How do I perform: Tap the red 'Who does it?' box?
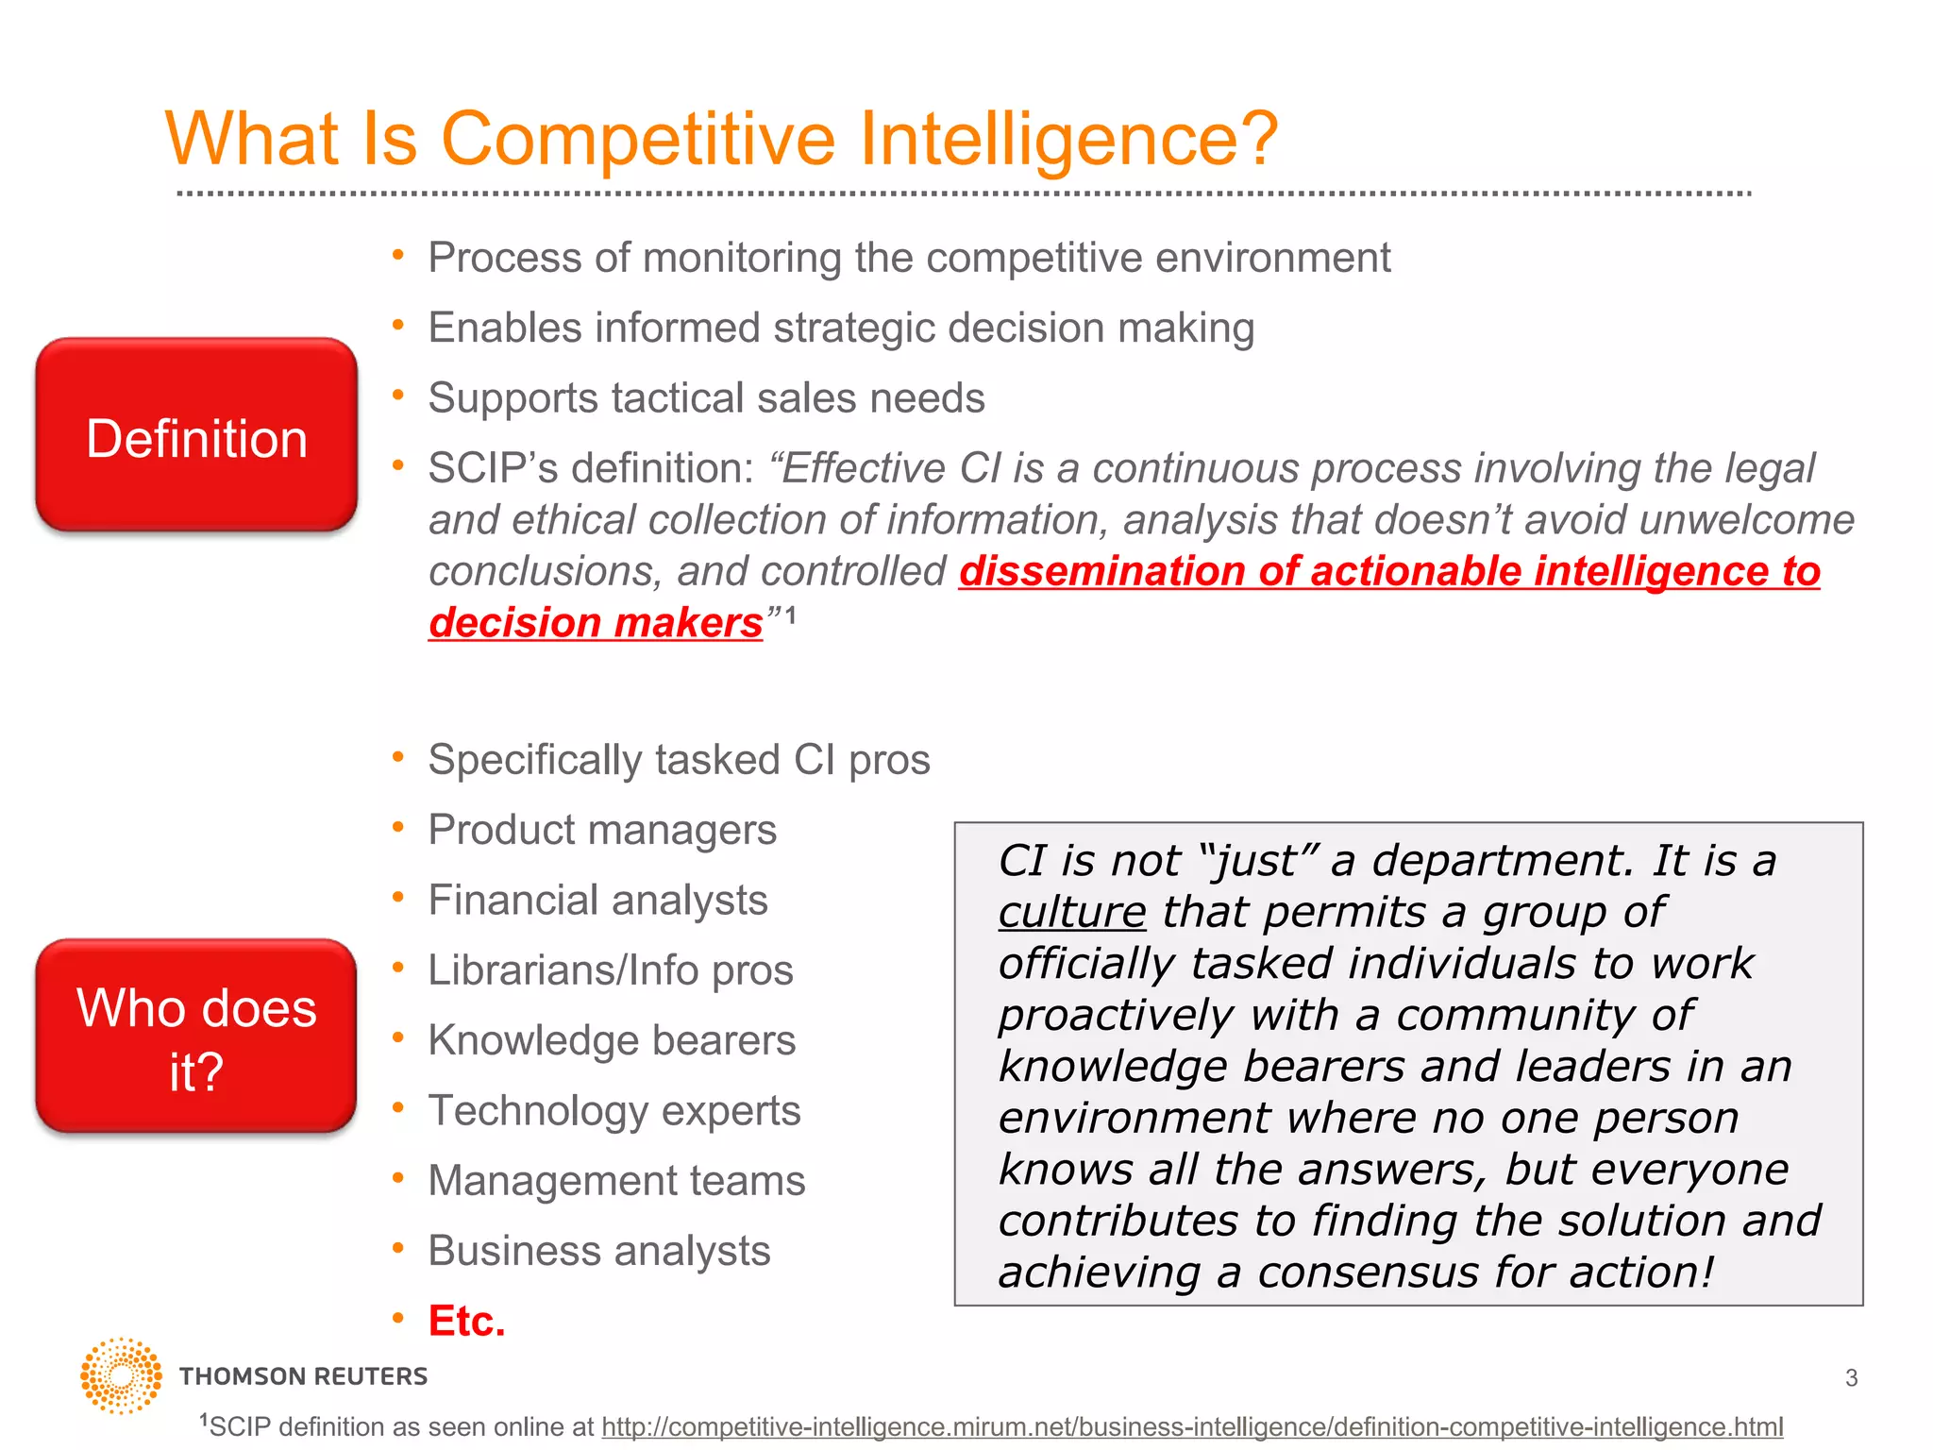click(x=196, y=1037)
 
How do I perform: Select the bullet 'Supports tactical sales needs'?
click(x=706, y=398)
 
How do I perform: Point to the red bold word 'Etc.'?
click(x=466, y=1321)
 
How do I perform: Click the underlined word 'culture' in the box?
click(x=1071, y=913)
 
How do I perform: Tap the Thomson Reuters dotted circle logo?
click(x=121, y=1375)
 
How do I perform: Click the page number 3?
click(x=1851, y=1378)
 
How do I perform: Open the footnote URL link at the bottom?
click(x=1192, y=1426)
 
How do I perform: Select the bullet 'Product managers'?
click(x=602, y=831)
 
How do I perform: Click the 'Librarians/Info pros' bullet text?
click(x=610, y=970)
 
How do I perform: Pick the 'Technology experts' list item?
click(x=614, y=1111)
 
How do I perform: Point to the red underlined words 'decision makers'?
click(x=596, y=623)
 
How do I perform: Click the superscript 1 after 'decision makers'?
click(x=791, y=615)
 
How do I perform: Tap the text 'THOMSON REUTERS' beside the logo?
click(x=303, y=1376)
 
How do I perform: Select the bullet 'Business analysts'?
click(x=598, y=1251)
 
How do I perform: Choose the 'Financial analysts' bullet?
click(x=597, y=901)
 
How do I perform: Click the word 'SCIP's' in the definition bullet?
click(x=492, y=469)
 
